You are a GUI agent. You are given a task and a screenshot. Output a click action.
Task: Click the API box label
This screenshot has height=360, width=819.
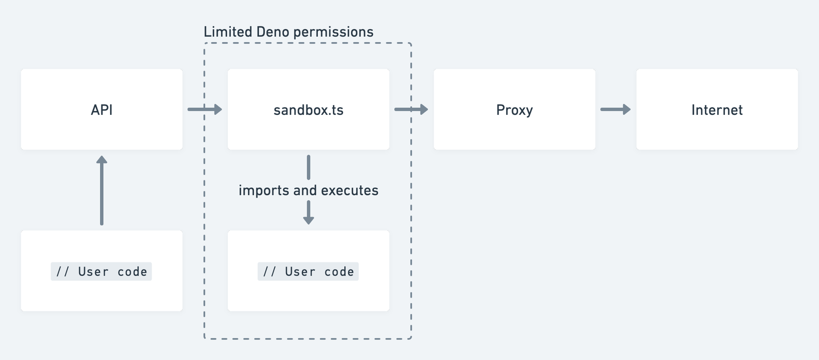[x=102, y=110]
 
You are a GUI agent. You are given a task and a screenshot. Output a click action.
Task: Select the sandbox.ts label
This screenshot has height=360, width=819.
[x=308, y=110]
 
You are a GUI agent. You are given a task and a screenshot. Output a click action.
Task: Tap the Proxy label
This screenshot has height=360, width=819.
[x=514, y=110]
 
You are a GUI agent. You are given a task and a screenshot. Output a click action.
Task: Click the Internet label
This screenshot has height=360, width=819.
[x=717, y=110]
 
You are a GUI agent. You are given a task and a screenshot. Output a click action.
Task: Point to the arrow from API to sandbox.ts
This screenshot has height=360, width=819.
[x=205, y=110]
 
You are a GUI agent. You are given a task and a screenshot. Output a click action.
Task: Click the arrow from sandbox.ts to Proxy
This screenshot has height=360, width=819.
[x=411, y=110]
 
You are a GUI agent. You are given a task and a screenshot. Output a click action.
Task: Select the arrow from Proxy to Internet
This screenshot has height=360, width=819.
[x=615, y=110]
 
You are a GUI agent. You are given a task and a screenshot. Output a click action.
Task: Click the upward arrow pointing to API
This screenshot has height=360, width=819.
[x=102, y=190]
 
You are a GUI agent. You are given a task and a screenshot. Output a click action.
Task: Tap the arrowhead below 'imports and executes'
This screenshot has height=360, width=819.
[x=308, y=219]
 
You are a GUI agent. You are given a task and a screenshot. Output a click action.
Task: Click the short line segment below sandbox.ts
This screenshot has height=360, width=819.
[x=308, y=167]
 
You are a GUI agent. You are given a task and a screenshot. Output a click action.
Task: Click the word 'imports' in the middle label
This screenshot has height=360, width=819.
[x=264, y=190]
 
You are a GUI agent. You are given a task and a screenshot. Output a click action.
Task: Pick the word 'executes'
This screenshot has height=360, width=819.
[x=350, y=190]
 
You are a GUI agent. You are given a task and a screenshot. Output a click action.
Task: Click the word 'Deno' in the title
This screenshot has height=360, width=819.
[x=273, y=32]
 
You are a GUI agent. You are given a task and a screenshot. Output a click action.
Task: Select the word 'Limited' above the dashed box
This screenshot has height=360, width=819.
[x=228, y=32]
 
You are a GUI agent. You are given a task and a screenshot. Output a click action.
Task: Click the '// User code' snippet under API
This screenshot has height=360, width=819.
[x=102, y=272]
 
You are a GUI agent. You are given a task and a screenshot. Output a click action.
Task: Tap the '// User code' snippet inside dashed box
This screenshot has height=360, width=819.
[x=308, y=272]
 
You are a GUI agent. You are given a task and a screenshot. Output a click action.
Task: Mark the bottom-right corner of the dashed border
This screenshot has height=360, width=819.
[x=410, y=338]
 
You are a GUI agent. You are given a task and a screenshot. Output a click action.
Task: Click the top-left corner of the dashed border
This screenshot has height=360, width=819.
[x=205, y=44]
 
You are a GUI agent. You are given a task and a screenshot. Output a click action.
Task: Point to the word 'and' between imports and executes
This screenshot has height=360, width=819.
[x=305, y=190]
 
